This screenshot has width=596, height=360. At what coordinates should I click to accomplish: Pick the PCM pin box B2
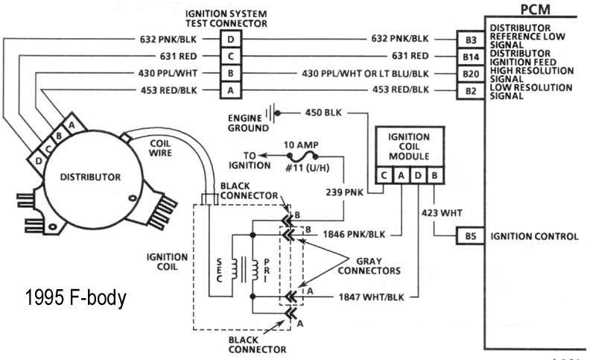tap(469, 91)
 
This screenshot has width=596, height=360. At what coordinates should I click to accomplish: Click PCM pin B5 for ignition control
tap(469, 237)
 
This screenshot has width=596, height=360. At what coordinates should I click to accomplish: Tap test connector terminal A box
tap(232, 91)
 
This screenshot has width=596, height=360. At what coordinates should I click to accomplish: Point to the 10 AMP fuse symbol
tap(302, 157)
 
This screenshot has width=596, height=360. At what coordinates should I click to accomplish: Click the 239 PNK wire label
tap(345, 191)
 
